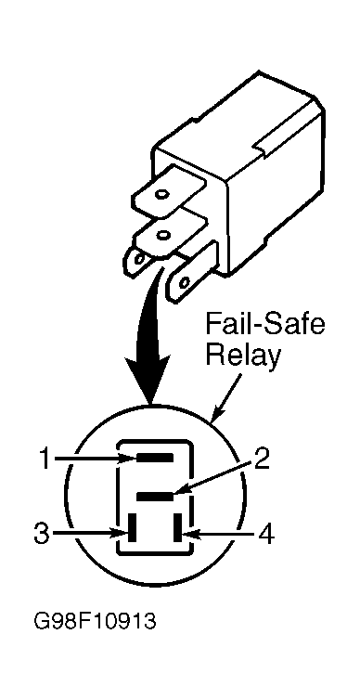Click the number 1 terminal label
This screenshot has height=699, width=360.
(x=45, y=460)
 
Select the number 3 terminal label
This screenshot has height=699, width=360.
(x=42, y=533)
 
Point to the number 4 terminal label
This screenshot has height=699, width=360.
(x=266, y=533)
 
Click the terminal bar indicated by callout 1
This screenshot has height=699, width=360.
(x=154, y=458)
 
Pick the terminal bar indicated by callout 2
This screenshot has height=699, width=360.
(x=154, y=496)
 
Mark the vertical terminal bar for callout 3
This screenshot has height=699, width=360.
(x=133, y=528)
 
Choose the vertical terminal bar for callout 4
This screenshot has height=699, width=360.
(x=178, y=528)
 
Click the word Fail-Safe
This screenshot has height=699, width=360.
(x=264, y=327)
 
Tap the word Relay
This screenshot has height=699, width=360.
(x=244, y=357)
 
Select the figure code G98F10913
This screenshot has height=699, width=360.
(x=96, y=621)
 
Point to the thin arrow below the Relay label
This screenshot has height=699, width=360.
(x=227, y=396)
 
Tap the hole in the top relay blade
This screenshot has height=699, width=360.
(x=161, y=194)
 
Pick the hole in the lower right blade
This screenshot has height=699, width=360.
(x=184, y=282)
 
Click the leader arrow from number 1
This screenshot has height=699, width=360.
(x=95, y=459)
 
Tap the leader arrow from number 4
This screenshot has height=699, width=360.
(x=219, y=533)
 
